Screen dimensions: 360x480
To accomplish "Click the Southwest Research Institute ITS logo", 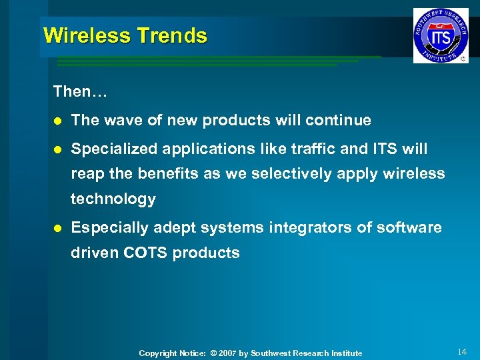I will pos(440,35).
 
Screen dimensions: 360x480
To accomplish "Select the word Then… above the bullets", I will pos(81,91).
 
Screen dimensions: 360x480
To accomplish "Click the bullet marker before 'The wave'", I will pos(57,121).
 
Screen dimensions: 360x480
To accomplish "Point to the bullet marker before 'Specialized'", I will pos(57,149).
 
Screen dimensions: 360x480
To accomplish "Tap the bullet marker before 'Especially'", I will pos(57,228).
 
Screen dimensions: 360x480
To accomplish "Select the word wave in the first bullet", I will pos(123,120).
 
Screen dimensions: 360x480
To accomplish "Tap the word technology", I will pos(113,199).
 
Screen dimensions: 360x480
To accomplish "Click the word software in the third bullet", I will pos(409,227).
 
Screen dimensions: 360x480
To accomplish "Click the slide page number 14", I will pos(463,351).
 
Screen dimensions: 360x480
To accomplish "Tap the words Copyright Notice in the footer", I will pos(170,353).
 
